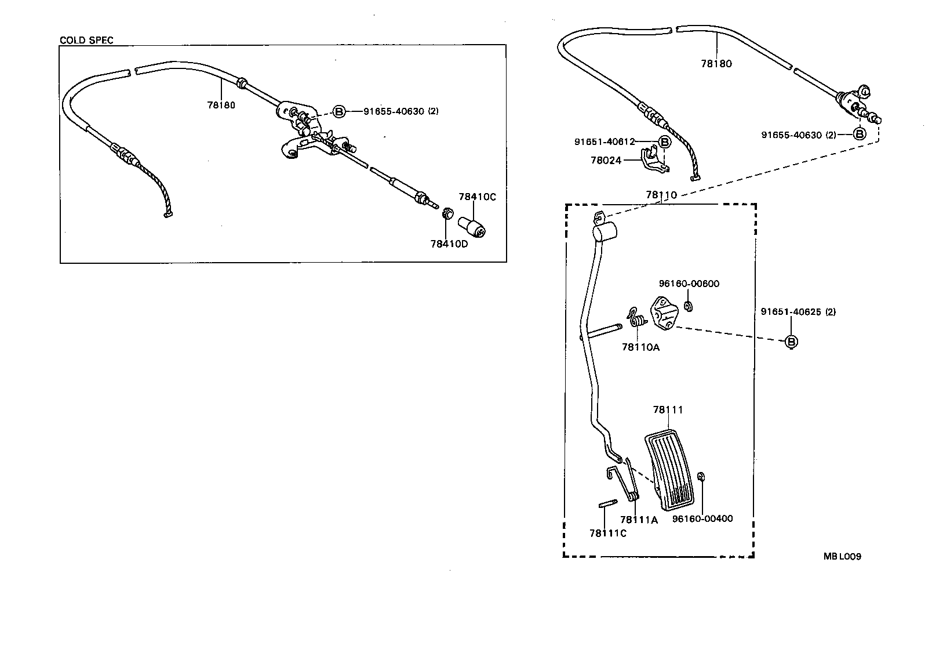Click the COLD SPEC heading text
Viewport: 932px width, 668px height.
[x=86, y=40]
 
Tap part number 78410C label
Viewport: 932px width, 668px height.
[x=477, y=197]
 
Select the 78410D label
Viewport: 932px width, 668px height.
[x=449, y=244]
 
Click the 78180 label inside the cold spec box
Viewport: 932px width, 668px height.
[x=221, y=105]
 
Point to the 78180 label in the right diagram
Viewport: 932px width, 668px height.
[x=716, y=64]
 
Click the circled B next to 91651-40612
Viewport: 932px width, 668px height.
[x=665, y=141]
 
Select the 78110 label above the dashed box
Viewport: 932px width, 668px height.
[x=661, y=195]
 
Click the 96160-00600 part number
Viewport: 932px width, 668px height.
[x=689, y=284]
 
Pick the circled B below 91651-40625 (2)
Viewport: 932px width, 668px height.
[x=791, y=342]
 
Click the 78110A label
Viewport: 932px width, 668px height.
[x=640, y=347]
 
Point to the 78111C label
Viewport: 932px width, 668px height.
[x=607, y=533]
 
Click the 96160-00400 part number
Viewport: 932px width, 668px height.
[x=702, y=518]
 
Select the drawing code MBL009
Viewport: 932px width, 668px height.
[x=842, y=557]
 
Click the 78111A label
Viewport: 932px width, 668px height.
[x=639, y=520]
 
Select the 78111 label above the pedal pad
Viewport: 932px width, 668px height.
[x=668, y=409]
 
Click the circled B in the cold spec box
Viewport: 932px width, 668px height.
[x=340, y=111]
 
